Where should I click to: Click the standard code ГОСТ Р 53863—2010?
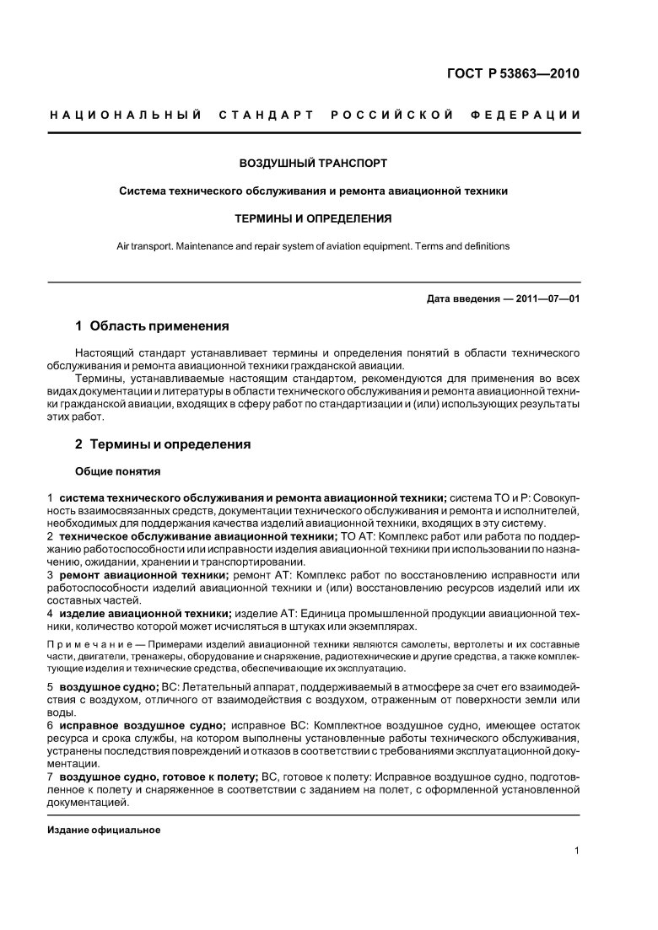(x=512, y=74)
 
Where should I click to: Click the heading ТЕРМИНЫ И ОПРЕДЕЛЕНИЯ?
(x=313, y=218)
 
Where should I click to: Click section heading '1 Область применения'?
(x=152, y=325)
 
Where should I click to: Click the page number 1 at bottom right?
(x=576, y=851)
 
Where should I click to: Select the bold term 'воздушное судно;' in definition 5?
(x=110, y=688)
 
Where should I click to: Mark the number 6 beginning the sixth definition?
(x=51, y=725)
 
